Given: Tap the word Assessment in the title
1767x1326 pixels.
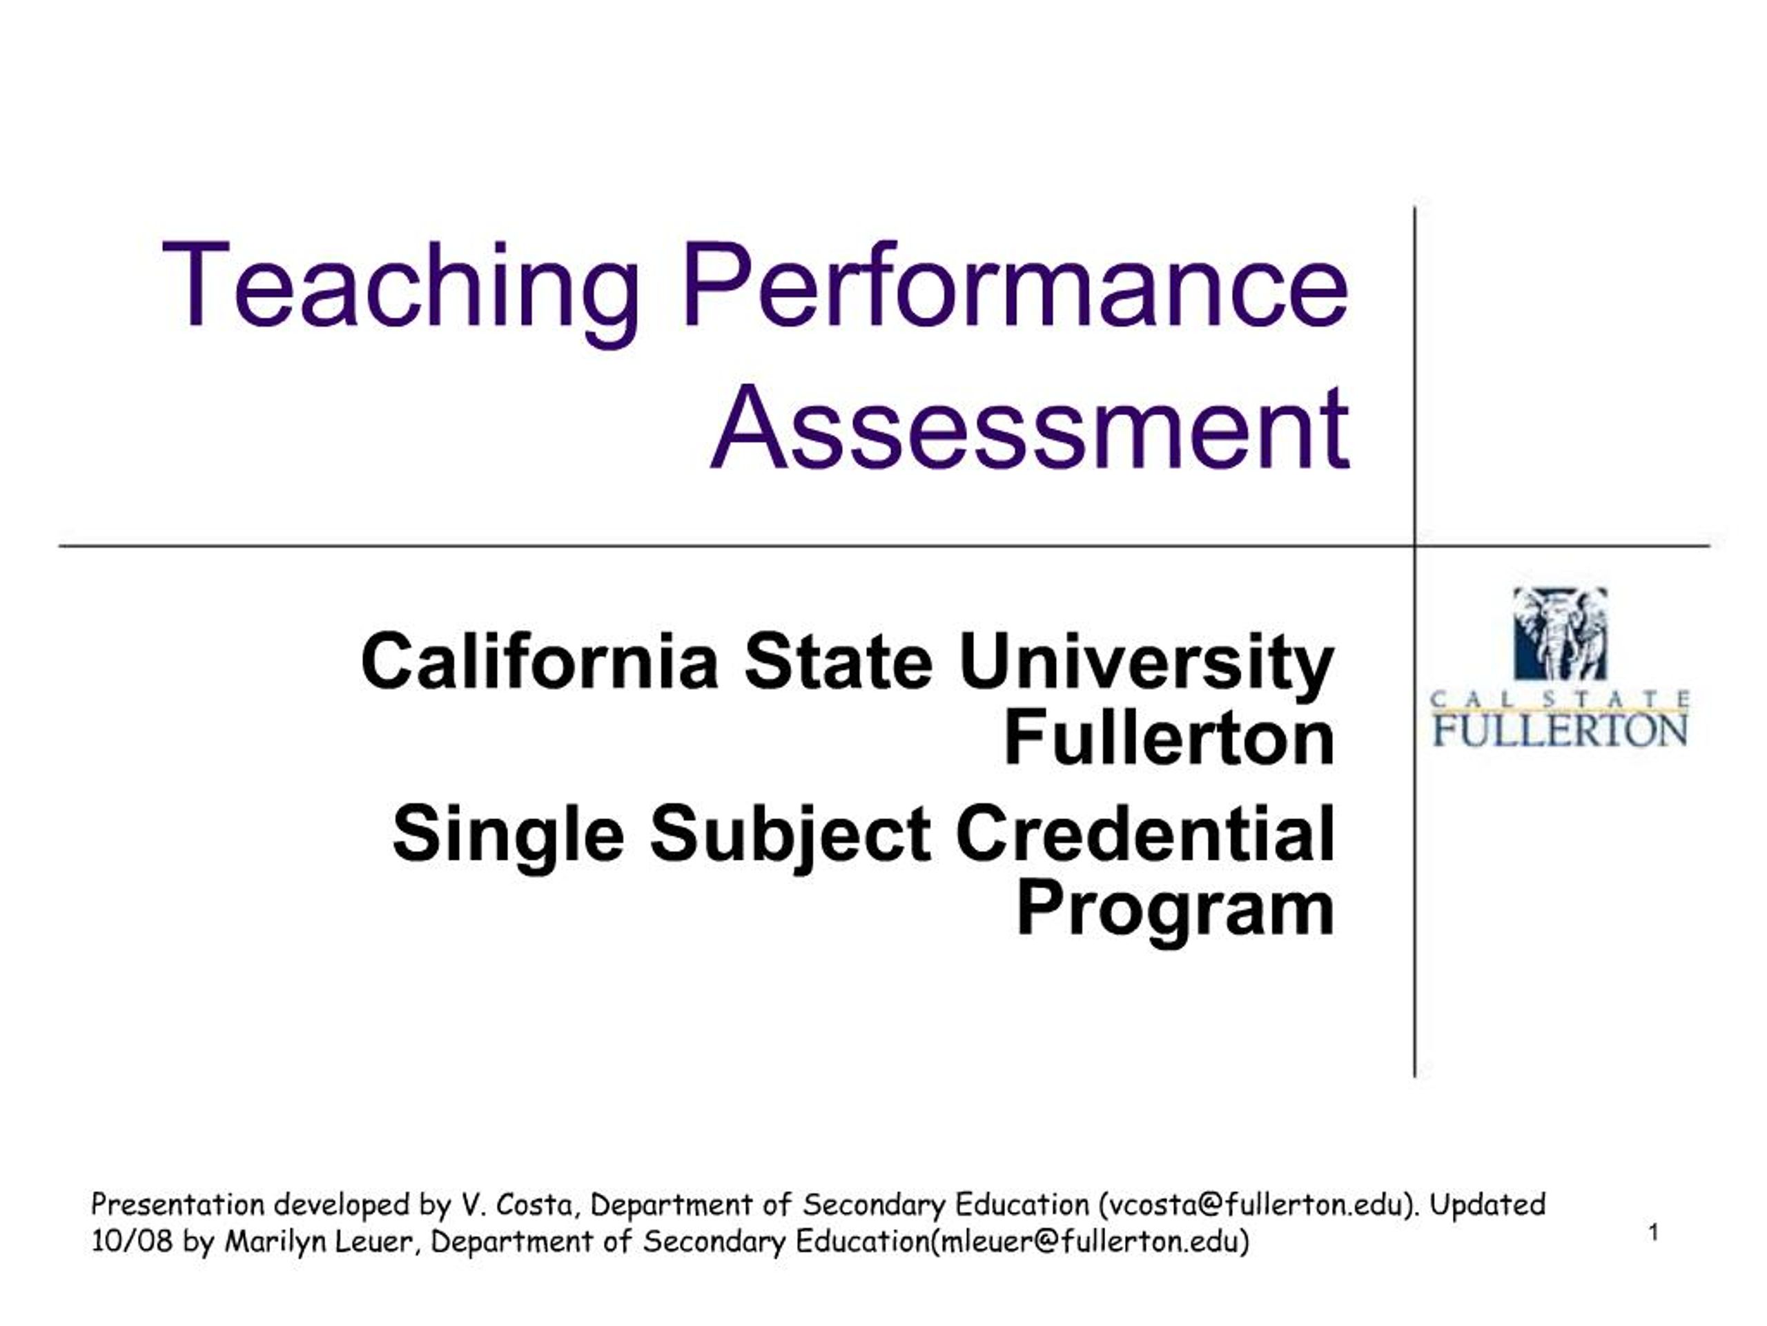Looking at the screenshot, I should pyautogui.click(x=1030, y=427).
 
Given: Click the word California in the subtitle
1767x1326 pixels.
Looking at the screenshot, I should pyautogui.click(x=539, y=662).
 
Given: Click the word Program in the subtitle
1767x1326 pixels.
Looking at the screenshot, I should pyautogui.click(x=1175, y=911).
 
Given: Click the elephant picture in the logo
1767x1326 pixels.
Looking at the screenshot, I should pyautogui.click(x=1559, y=634).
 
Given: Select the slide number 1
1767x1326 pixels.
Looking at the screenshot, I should pyautogui.click(x=1654, y=1233).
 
